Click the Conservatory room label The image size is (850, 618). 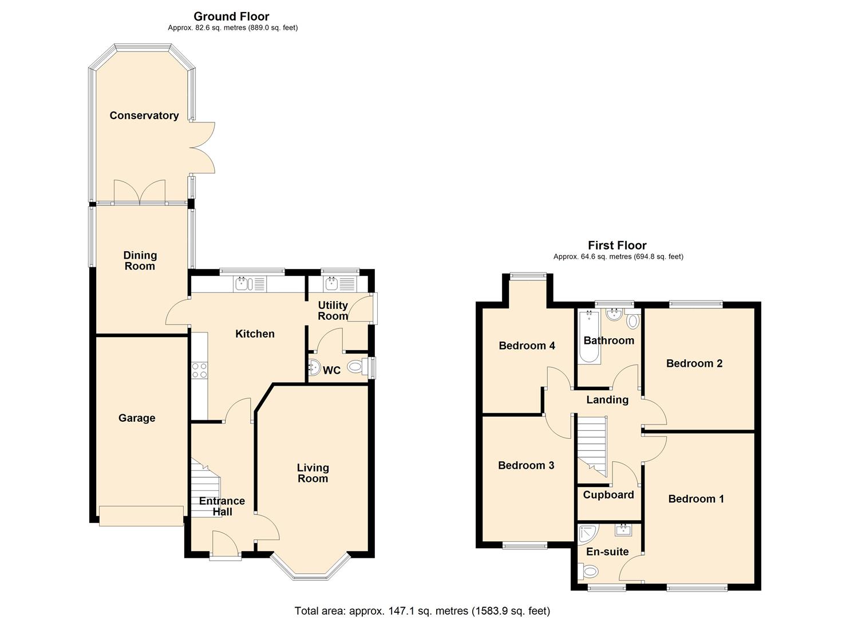tap(144, 116)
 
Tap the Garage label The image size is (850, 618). tap(137, 418)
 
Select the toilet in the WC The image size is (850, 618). tap(355, 366)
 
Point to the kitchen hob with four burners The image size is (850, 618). tap(199, 370)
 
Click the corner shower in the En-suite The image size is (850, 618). tap(587, 534)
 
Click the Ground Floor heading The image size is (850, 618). tap(231, 17)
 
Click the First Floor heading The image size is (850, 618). tap(617, 245)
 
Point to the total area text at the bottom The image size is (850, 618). tap(422, 611)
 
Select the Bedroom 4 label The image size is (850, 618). tap(527, 346)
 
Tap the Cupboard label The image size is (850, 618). tap(608, 495)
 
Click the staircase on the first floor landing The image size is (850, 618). tap(591, 445)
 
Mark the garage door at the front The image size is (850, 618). tap(141, 516)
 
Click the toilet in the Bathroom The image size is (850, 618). tap(632, 320)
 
